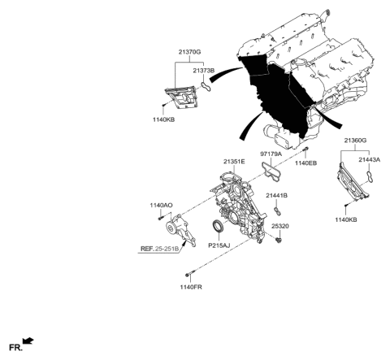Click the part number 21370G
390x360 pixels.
tap(186, 50)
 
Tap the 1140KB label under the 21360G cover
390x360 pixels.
tap(347, 220)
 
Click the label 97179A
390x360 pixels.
tap(272, 152)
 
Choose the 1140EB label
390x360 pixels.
tap(307, 164)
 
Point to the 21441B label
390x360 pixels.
tap(277, 196)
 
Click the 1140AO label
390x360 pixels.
tap(162, 206)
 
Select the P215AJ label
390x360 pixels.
tap(219, 245)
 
